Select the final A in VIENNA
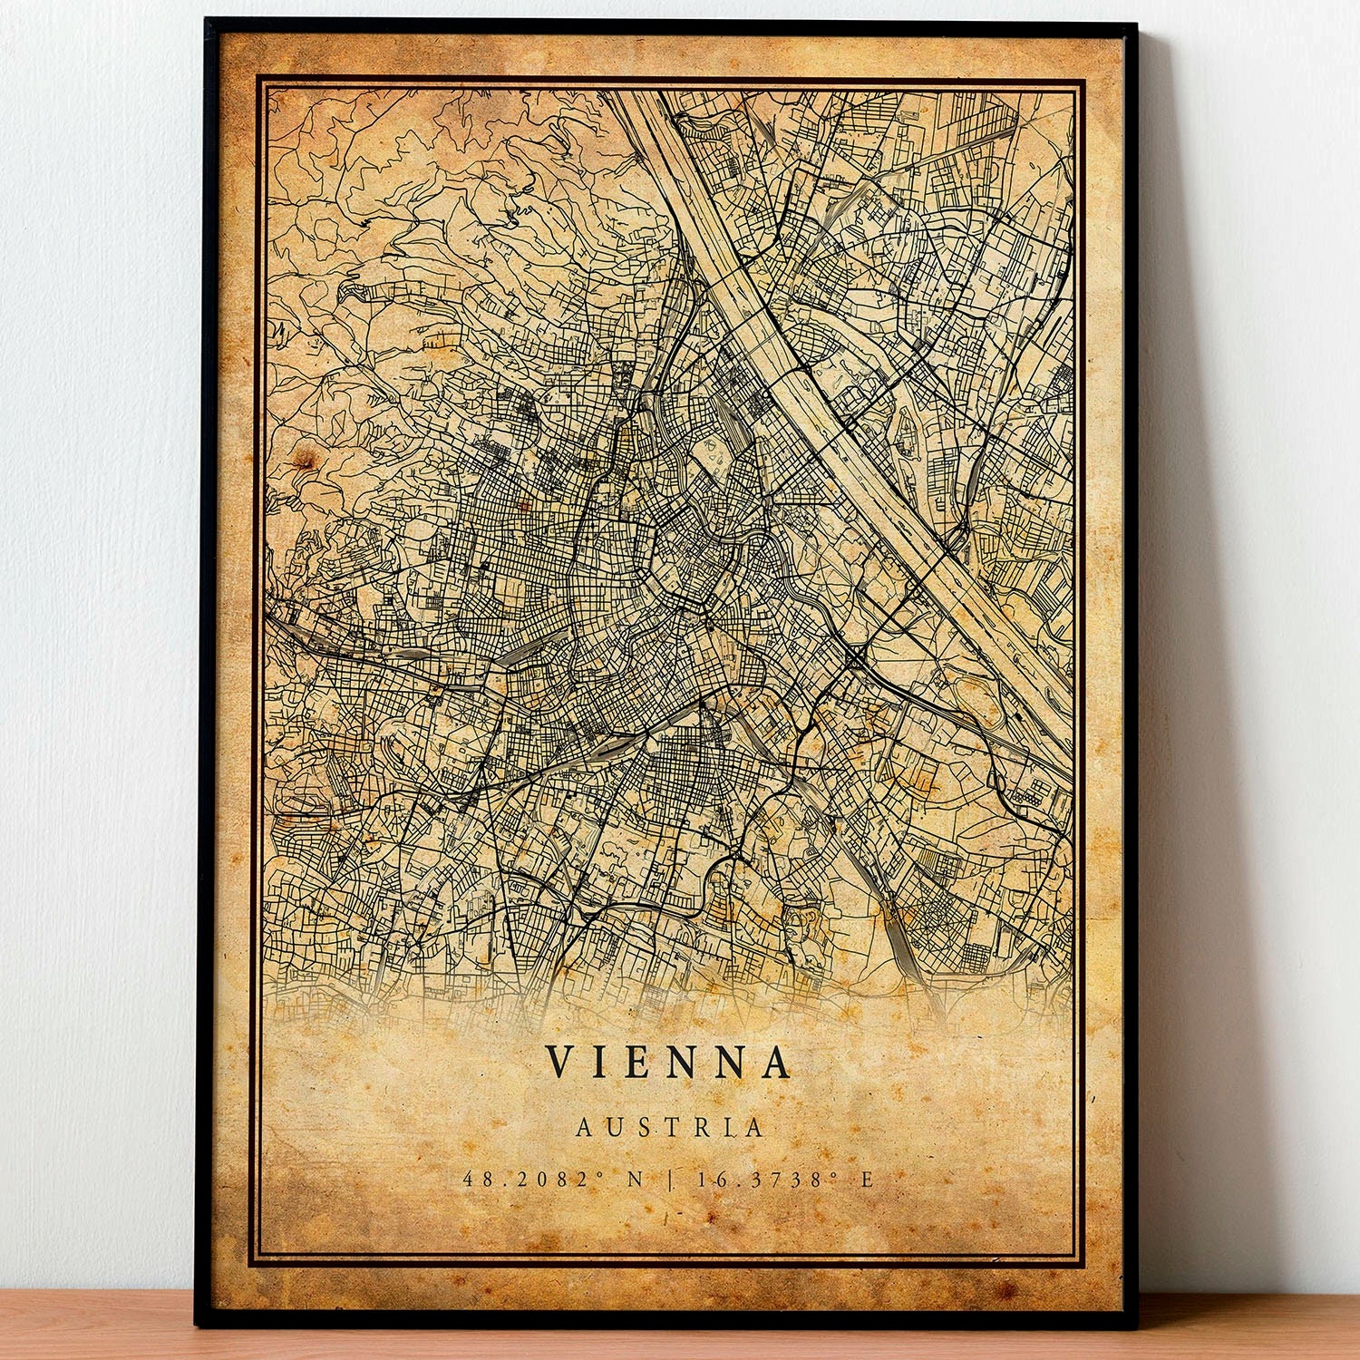click(775, 1063)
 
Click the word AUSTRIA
click(670, 1127)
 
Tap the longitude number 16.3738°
click(767, 1180)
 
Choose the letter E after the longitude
click(867, 1180)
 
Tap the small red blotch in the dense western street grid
click(523, 501)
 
